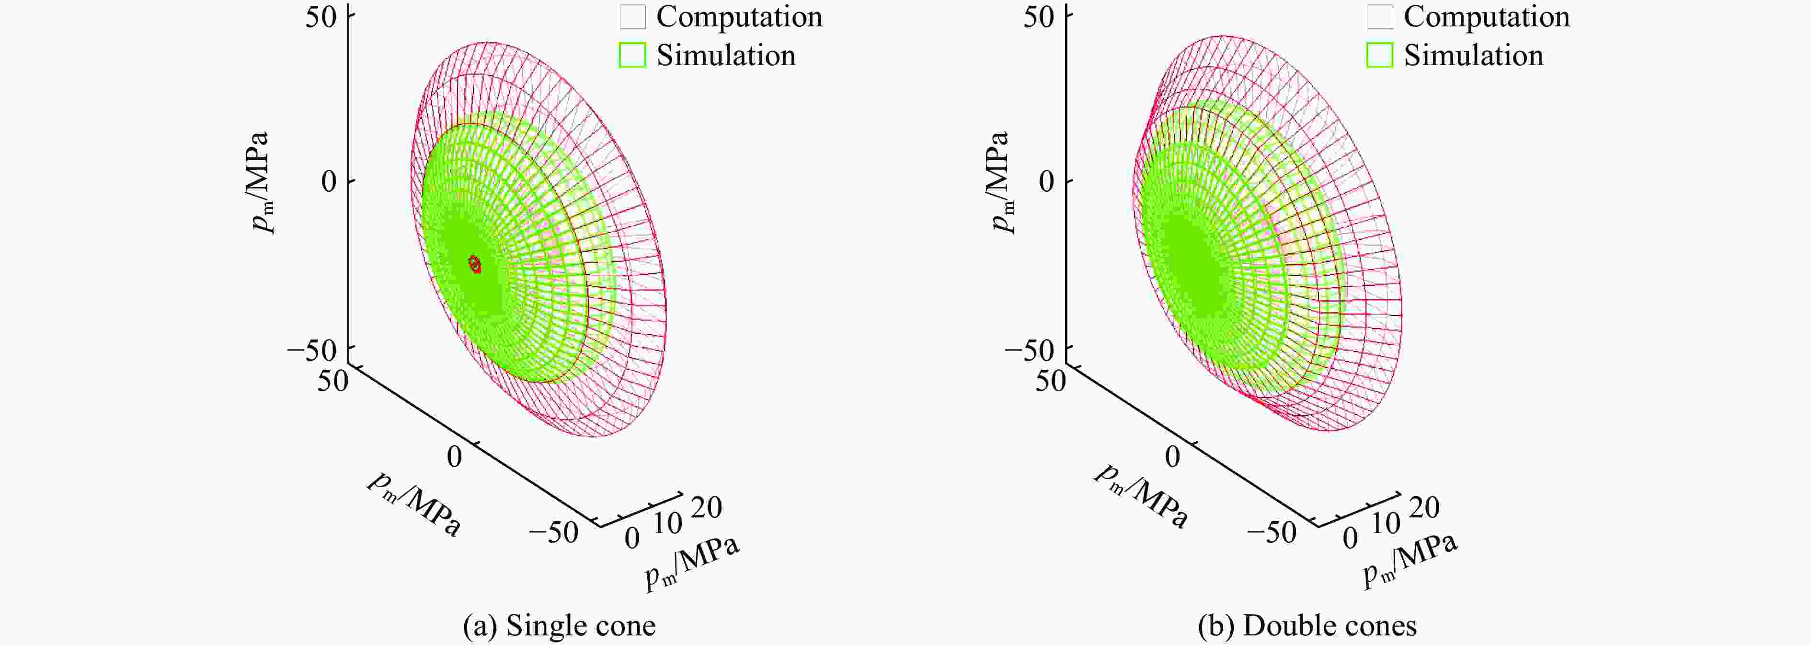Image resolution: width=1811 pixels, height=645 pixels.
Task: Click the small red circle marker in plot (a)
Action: point(474,264)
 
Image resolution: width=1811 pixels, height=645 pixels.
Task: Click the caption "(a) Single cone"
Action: point(559,625)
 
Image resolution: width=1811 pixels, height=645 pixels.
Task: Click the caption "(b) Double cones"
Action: point(1307,625)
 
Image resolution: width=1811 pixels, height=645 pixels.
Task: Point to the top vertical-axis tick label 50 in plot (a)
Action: point(321,17)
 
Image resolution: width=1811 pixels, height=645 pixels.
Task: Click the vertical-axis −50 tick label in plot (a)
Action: point(312,350)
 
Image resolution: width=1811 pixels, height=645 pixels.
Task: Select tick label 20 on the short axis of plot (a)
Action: point(706,507)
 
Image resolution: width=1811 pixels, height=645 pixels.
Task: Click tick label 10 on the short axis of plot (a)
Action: point(667,523)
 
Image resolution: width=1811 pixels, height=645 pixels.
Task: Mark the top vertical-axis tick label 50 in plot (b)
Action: point(1039,17)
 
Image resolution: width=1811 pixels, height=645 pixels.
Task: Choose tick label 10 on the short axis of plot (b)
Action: point(1386,523)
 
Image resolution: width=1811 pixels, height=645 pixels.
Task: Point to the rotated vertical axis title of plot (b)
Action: point(1000,181)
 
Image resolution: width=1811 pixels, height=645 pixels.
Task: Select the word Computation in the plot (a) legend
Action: point(739,17)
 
